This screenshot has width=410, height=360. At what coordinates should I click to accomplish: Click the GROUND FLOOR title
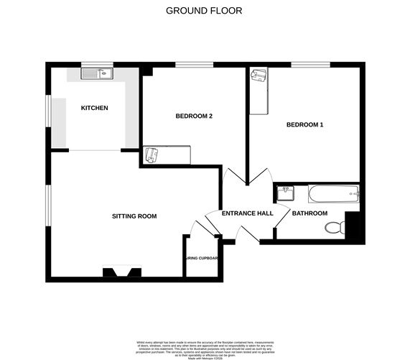coord(204,11)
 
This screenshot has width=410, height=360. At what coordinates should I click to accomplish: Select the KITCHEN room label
coord(94,108)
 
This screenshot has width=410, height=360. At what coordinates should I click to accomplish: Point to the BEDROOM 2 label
coord(194,116)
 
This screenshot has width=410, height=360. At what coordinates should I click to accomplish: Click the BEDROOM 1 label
coord(304,125)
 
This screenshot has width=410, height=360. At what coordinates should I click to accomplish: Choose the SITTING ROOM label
coord(134,216)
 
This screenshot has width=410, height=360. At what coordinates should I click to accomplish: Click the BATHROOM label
coord(309,213)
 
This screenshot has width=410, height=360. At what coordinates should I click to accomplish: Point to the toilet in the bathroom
coord(334,228)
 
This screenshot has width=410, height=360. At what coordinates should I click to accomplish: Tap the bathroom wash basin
coord(286,193)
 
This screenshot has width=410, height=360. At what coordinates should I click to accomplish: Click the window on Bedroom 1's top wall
coord(310,65)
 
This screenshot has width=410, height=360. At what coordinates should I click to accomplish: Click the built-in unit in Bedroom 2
coord(167,155)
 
